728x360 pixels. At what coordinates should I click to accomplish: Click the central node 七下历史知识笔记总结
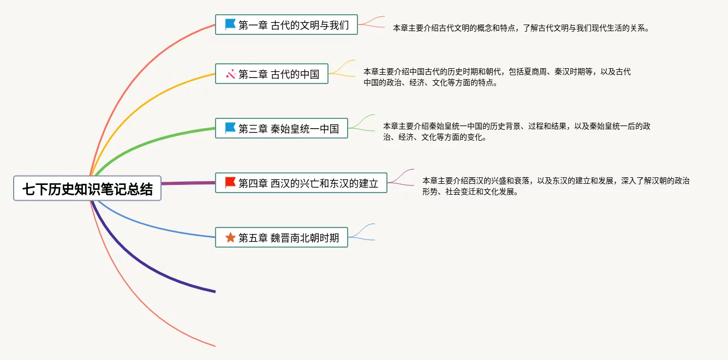click(87, 188)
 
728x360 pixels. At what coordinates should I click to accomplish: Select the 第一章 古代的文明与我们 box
click(287, 25)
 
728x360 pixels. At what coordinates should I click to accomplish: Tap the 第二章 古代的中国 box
click(272, 74)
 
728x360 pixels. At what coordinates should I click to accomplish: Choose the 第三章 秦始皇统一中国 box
click(282, 128)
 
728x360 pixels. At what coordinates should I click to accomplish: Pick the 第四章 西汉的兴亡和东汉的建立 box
click(301, 183)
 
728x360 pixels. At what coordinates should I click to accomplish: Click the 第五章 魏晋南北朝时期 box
click(282, 237)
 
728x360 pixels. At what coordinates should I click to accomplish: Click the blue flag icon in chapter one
click(230, 25)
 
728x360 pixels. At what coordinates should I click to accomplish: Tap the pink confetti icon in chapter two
click(230, 74)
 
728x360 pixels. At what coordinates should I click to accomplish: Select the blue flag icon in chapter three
click(230, 128)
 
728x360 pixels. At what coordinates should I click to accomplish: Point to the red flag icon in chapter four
click(230, 183)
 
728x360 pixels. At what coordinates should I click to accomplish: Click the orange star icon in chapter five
click(230, 237)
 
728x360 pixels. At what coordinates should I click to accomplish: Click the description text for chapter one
click(521, 28)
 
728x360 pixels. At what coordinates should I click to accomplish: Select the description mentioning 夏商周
click(497, 77)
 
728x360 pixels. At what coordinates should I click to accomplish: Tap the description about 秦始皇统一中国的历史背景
click(516, 131)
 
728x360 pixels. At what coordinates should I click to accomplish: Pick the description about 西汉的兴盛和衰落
click(556, 186)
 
